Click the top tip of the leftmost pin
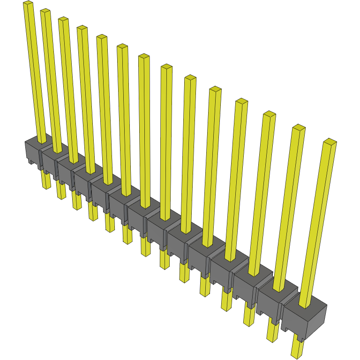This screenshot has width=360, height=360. pyautogui.click(x=28, y=4)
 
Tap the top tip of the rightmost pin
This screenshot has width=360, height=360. pyautogui.click(x=330, y=142)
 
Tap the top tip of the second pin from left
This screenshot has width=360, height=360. pyautogui.click(x=45, y=11)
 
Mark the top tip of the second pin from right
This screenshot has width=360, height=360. pyautogui.click(x=299, y=128)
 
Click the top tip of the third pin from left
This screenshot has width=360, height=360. pyautogui.click(x=63, y=20)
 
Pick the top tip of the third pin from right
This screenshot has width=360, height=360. pyautogui.click(x=269, y=114)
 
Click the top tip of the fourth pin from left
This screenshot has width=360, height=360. pyautogui.click(x=82, y=28)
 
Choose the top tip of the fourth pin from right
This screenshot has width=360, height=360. pyautogui.click(x=241, y=101)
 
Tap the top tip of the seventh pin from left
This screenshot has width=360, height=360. pyautogui.click(x=143, y=57)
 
